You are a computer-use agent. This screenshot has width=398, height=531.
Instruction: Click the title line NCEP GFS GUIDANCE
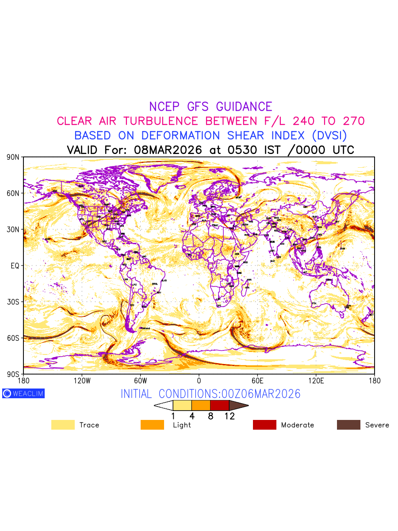[210, 107]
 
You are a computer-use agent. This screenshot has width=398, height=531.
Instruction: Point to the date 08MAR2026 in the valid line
[168, 150]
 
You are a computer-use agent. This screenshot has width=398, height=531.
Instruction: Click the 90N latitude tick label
[14, 158]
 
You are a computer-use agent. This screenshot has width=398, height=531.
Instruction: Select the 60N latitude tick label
[14, 193]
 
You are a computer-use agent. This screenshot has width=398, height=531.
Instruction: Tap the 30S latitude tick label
[14, 302]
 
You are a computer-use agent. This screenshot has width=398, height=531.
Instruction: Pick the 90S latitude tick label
[14, 374]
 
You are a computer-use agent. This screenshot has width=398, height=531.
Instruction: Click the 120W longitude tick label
[82, 381]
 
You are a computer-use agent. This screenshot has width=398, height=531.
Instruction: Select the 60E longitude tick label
[257, 381]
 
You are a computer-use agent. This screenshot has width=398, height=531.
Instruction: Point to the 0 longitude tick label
[199, 381]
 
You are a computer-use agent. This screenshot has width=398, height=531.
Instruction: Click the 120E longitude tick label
[316, 381]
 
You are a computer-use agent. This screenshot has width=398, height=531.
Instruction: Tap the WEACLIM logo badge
[23, 393]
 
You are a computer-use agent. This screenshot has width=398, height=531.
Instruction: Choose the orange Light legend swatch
[152, 425]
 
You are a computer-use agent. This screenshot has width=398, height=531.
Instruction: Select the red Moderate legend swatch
[264, 425]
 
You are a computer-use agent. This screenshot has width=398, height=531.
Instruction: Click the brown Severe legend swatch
[348, 425]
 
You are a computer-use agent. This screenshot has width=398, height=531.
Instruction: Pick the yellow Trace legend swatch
[63, 425]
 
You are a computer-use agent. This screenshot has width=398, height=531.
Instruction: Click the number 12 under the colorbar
[229, 416]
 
